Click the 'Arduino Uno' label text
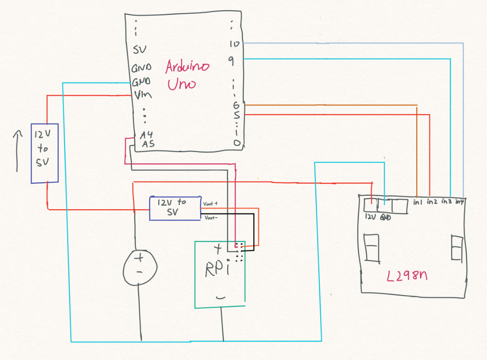pyautogui.click(x=187, y=75)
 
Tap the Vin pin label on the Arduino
pyautogui.click(x=142, y=95)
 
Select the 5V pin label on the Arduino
pyautogui.click(x=139, y=50)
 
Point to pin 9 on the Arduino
pyautogui.click(x=231, y=62)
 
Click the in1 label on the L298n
pyautogui.click(x=418, y=201)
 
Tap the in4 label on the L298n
pyautogui.click(x=460, y=201)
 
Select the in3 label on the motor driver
pyautogui.click(x=446, y=201)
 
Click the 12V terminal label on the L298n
pyautogui.click(x=370, y=217)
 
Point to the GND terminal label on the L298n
pyautogui.click(x=385, y=217)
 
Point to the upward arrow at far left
pyautogui.click(x=17, y=150)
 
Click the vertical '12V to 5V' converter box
pyautogui.click(x=44, y=153)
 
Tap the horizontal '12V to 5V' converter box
pyautogui.click(x=175, y=208)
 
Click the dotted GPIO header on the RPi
pyautogui.click(x=239, y=252)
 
